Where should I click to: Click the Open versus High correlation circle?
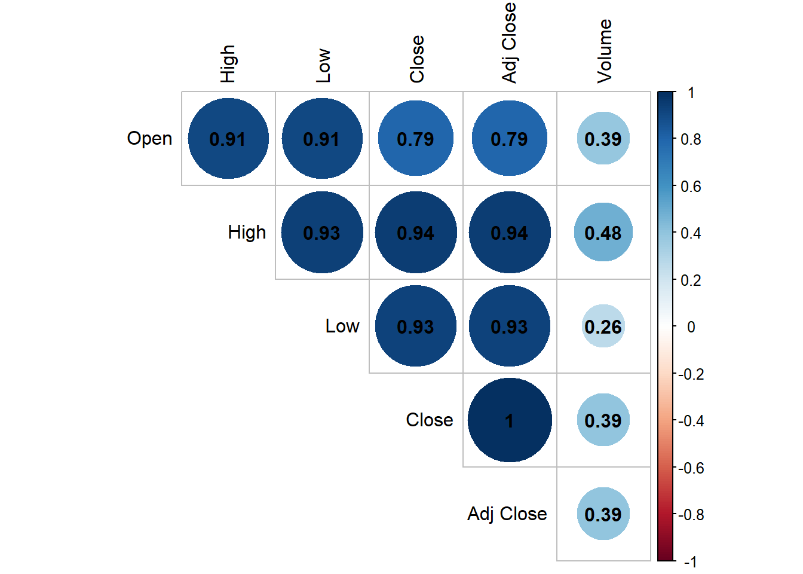point(228,139)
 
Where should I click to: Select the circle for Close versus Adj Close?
point(510,420)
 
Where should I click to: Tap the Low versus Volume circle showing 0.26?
point(603,326)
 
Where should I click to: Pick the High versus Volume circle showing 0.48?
point(603,233)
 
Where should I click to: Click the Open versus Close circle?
point(416,139)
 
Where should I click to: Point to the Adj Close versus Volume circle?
point(603,514)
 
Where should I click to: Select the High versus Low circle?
point(322,233)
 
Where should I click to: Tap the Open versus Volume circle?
point(603,139)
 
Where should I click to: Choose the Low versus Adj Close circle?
point(510,326)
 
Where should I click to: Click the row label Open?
point(149,139)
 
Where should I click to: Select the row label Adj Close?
point(507,514)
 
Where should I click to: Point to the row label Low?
point(342,326)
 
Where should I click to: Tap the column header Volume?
point(605,51)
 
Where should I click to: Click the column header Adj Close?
point(509,43)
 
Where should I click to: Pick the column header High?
point(228,64)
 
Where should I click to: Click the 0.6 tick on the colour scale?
point(691,187)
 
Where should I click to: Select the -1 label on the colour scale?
point(690,561)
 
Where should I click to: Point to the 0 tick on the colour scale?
point(691,327)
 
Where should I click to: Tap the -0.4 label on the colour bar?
point(691,421)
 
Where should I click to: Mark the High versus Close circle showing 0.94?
point(416,233)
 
